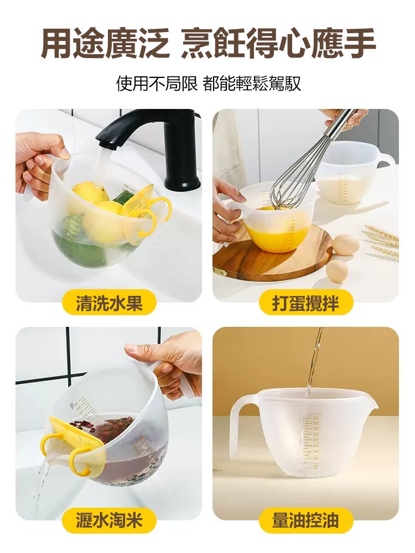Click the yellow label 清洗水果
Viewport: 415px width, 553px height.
click(109, 304)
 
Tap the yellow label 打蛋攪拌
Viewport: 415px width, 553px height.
click(305, 304)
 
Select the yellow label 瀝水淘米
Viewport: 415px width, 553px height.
click(109, 520)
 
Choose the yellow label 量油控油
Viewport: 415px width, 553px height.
click(305, 520)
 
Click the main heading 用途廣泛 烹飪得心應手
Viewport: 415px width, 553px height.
click(208, 43)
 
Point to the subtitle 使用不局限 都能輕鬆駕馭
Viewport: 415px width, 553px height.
click(208, 84)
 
